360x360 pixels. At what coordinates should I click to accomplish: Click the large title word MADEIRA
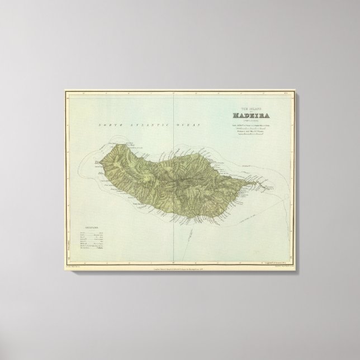pyautogui.click(x=253, y=116)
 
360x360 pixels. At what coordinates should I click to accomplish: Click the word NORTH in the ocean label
pyautogui.click(x=110, y=126)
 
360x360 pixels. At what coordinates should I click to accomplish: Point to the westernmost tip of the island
pyautogui.click(x=94, y=164)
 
